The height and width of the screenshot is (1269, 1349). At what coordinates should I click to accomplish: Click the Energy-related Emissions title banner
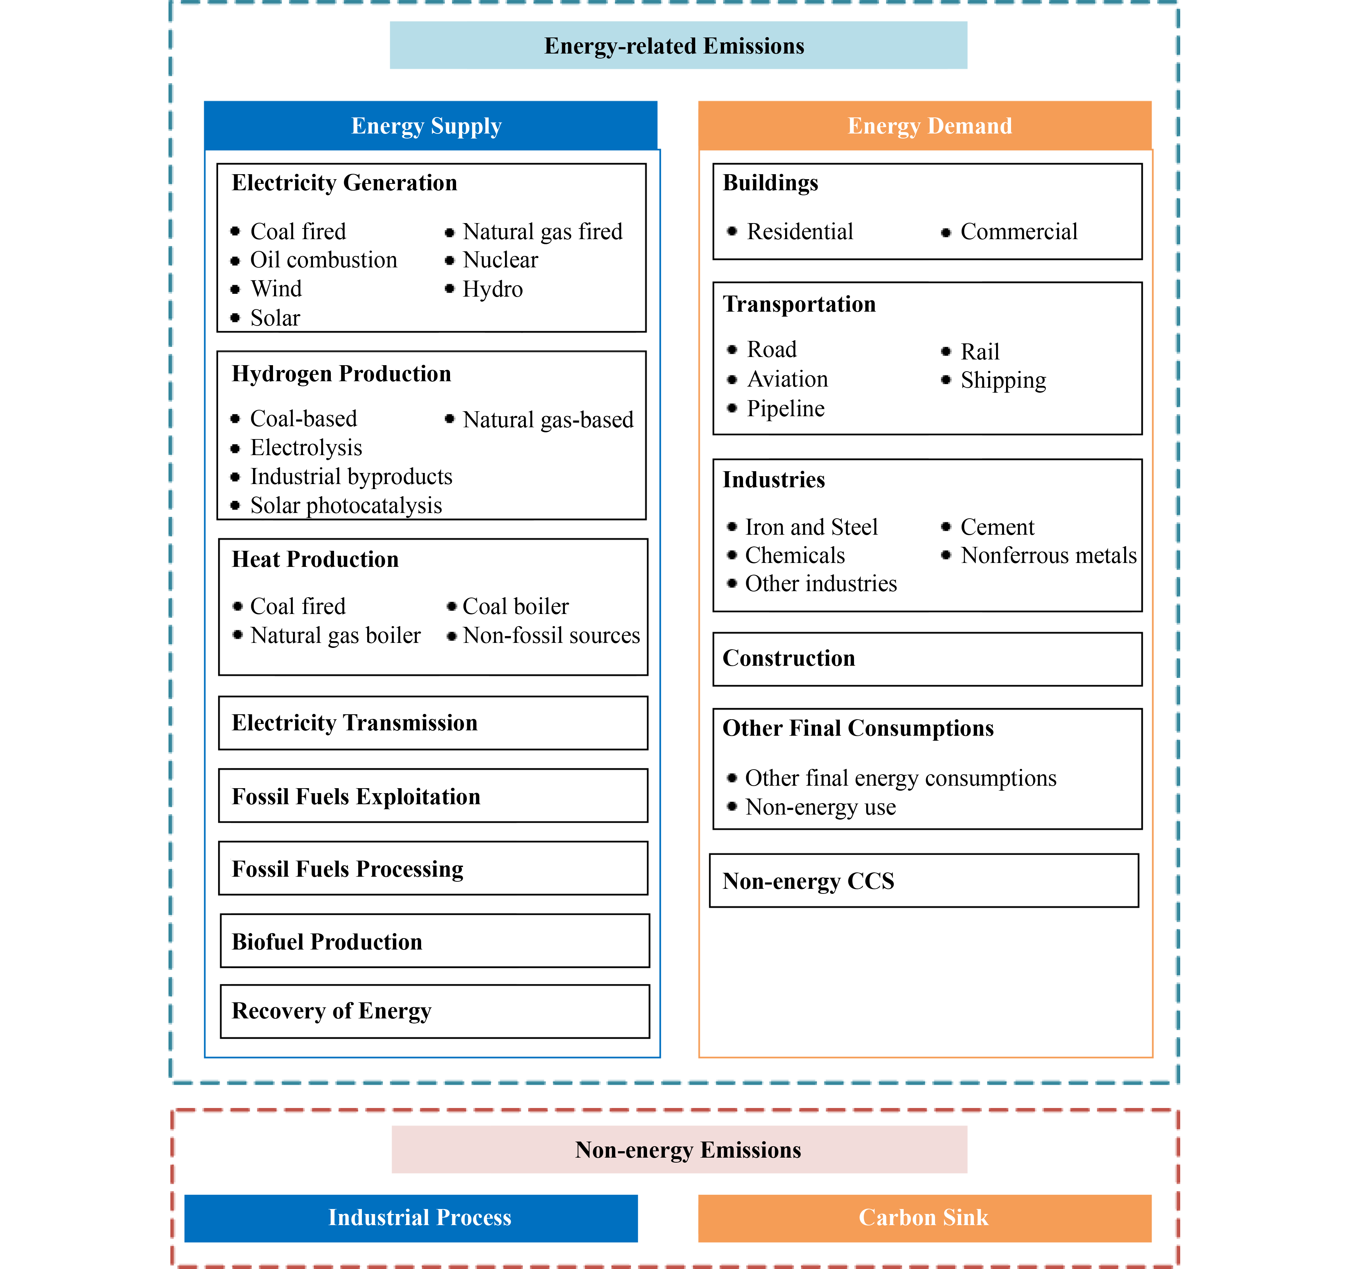(x=678, y=45)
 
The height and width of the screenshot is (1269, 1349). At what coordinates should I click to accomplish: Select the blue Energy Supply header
(x=430, y=126)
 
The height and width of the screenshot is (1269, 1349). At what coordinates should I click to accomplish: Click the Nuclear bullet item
(x=500, y=260)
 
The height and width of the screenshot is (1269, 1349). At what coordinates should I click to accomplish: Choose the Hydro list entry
(x=492, y=289)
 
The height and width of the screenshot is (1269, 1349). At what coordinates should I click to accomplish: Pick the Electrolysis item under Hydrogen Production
(x=306, y=448)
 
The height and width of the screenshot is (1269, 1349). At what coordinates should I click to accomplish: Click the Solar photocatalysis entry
(x=346, y=505)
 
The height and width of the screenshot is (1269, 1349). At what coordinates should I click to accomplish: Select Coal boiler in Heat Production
(x=516, y=606)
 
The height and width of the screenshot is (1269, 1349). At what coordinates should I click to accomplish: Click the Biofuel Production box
(x=434, y=941)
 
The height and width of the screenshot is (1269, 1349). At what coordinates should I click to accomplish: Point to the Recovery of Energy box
(x=434, y=1011)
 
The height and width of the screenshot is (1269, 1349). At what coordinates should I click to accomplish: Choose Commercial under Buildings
(x=1019, y=231)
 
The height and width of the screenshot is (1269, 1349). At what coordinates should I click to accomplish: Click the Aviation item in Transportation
(x=787, y=379)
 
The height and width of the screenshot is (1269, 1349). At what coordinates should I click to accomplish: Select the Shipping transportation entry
(x=1003, y=381)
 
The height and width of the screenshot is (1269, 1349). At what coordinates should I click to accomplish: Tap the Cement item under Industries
(x=997, y=527)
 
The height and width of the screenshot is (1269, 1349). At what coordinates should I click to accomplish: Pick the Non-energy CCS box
(x=924, y=881)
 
